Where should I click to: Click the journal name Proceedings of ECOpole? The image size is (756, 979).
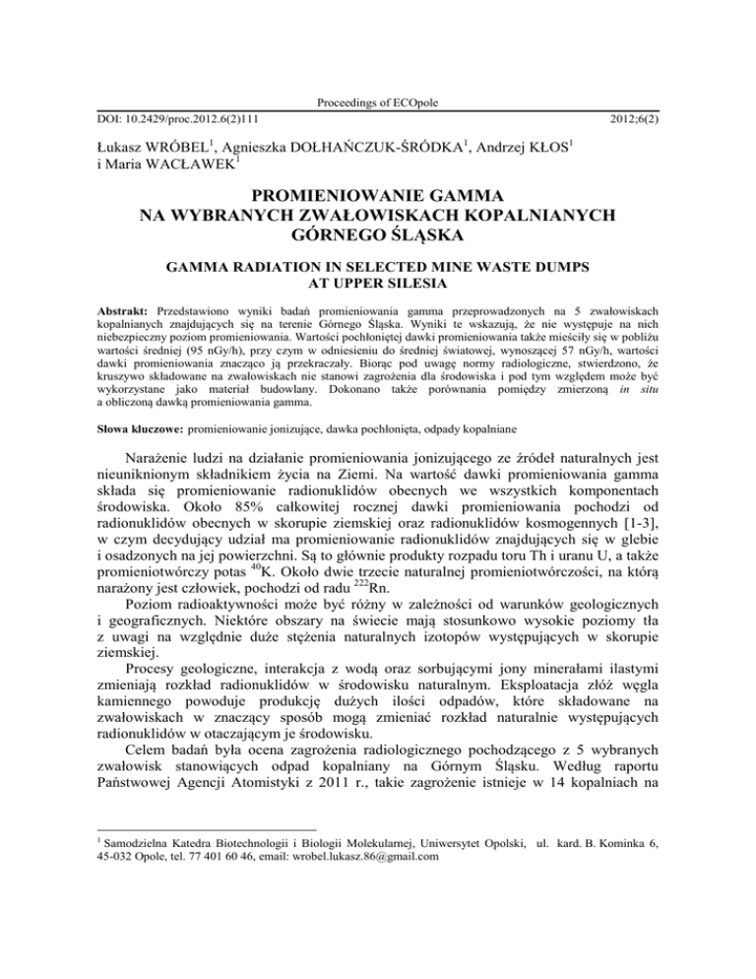[377, 103]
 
